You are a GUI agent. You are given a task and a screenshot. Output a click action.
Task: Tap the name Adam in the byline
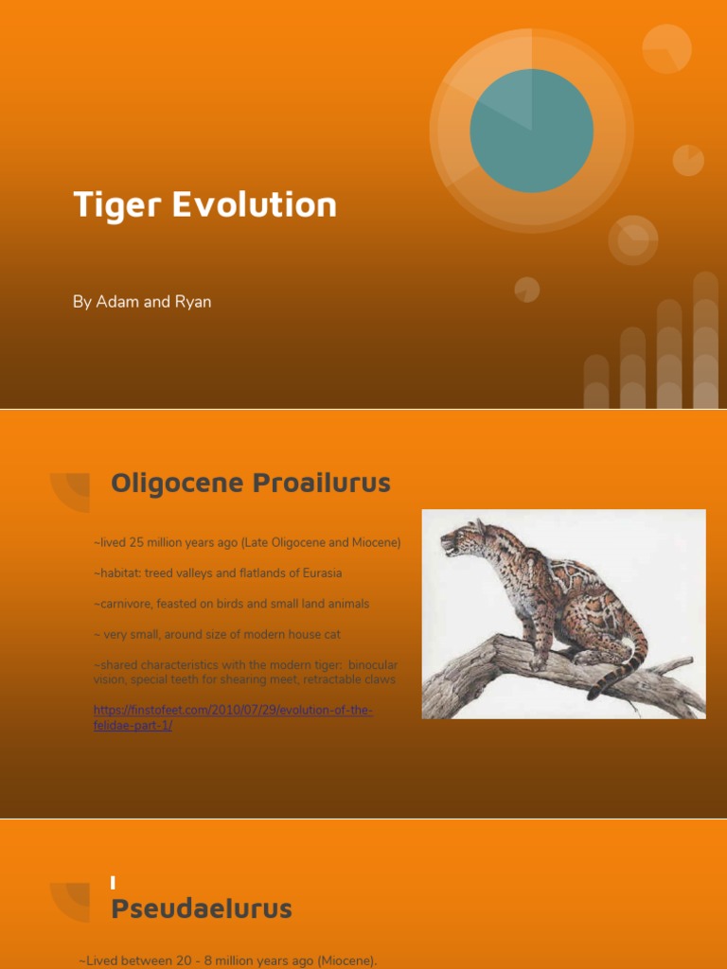(x=117, y=302)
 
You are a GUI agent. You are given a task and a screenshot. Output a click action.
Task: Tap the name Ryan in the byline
(x=191, y=302)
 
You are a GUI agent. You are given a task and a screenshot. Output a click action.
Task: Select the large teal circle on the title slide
(x=532, y=132)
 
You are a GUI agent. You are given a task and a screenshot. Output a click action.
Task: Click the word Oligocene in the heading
(x=177, y=483)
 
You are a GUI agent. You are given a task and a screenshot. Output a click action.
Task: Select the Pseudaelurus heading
(x=202, y=909)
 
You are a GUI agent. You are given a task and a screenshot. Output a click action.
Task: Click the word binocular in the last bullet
(x=373, y=665)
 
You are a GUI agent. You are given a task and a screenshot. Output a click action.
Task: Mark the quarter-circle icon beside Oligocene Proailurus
(x=72, y=491)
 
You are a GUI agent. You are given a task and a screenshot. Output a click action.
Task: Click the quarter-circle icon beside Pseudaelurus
(x=72, y=900)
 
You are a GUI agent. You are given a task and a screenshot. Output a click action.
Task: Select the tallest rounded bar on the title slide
(x=705, y=341)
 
